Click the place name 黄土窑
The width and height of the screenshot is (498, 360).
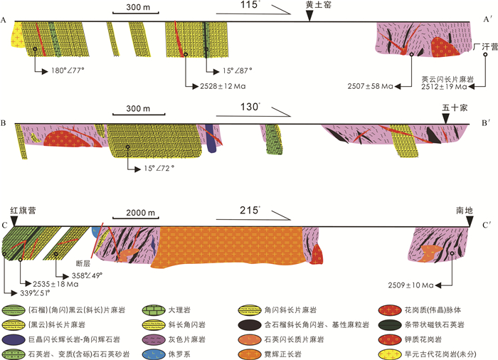coord(309,5)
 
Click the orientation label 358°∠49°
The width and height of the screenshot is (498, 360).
coord(88,275)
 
